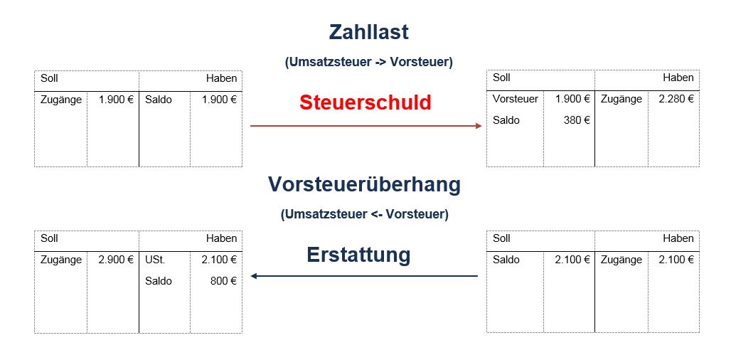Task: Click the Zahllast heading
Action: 369,32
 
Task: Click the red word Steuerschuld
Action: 365,102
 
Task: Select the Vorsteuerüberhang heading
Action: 364,185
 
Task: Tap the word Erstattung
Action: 358,255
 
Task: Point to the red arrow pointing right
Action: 365,126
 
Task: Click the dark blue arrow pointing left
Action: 364,276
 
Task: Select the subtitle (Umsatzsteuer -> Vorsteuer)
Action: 369,63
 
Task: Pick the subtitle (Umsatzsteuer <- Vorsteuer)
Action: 364,215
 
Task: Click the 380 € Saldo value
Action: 577,120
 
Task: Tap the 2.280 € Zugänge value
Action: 676,99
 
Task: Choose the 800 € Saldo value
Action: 223,281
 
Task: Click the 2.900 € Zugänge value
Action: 116,260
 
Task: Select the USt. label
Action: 155,260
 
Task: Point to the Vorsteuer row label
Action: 515,99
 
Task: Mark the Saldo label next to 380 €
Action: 506,120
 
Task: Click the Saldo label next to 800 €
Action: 158,281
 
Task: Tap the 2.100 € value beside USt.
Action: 219,260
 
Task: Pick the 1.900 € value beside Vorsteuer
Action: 573,99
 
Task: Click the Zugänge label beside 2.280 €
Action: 621,100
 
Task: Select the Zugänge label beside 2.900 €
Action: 61,260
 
